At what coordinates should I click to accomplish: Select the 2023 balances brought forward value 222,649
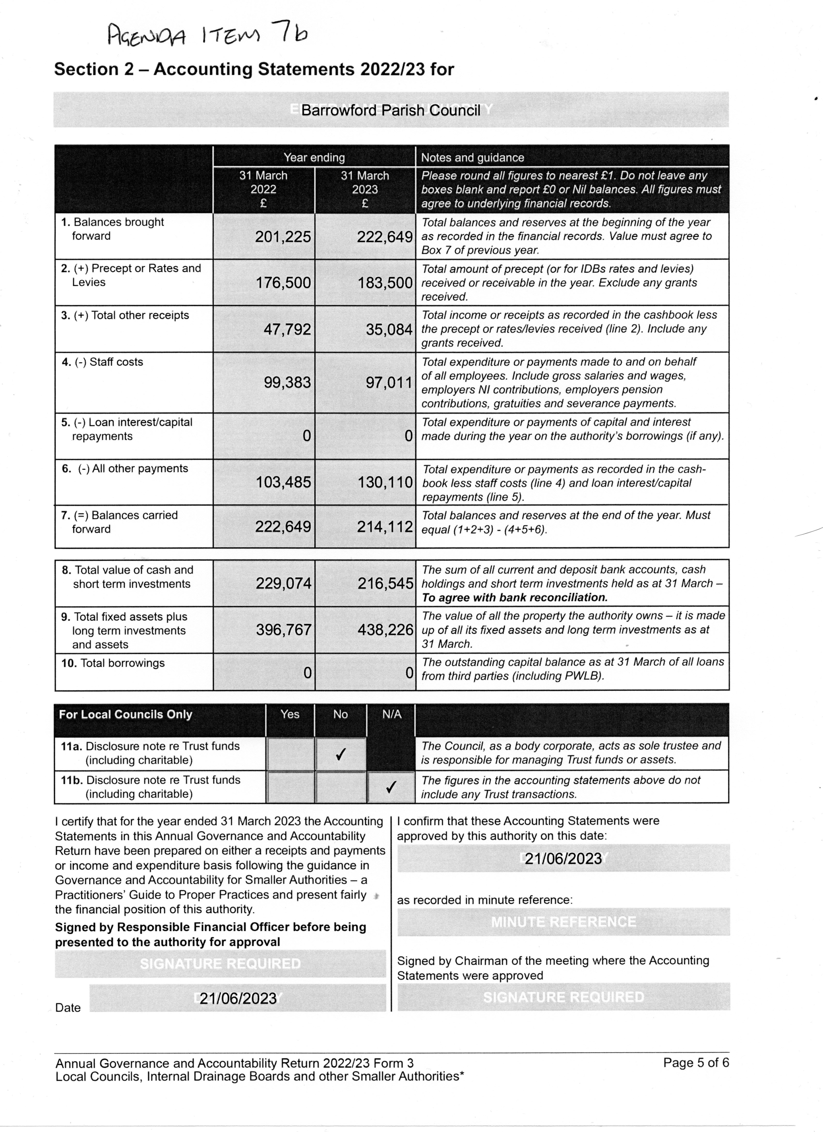[385, 237]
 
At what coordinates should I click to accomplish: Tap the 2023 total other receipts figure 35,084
[389, 330]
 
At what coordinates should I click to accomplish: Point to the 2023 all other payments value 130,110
[385, 482]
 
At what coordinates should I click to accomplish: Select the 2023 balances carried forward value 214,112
[385, 527]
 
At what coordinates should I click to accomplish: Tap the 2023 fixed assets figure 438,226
[385, 630]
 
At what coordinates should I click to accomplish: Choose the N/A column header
[391, 714]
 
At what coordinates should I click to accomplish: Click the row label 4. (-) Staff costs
[102, 362]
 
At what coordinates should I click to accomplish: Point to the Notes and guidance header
[472, 158]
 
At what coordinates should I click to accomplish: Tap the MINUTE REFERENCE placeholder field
[563, 922]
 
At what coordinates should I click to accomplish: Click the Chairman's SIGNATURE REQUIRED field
[563, 997]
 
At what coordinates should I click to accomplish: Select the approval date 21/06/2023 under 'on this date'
[563, 858]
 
